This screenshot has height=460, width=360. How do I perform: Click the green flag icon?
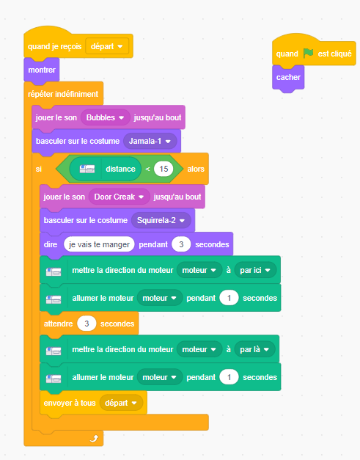pyautogui.click(x=308, y=54)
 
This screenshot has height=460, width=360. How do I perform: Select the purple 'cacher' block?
pyautogui.click(x=288, y=78)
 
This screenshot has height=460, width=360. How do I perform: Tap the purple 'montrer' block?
pyautogui.click(x=42, y=70)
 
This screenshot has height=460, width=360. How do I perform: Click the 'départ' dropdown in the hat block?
pyautogui.click(x=107, y=46)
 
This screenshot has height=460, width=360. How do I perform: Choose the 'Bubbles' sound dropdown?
pyautogui.click(x=106, y=117)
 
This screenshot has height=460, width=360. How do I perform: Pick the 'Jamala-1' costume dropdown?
pyautogui.click(x=150, y=141)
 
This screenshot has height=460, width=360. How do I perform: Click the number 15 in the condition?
pyautogui.click(x=164, y=169)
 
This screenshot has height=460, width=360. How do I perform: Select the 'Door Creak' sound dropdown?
pyautogui.click(x=119, y=197)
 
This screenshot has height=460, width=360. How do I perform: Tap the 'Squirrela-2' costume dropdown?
pyautogui.click(x=161, y=220)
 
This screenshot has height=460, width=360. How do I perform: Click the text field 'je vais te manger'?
pyautogui.click(x=99, y=244)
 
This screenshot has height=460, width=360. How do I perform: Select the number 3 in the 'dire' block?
pyautogui.click(x=181, y=244)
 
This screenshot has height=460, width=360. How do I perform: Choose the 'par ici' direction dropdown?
pyautogui.click(x=255, y=270)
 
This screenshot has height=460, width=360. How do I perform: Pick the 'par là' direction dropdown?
pyautogui.click(x=254, y=349)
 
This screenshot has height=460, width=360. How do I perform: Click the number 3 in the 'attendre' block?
pyautogui.click(x=87, y=324)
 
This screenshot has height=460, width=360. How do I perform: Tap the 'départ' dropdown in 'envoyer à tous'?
pyautogui.click(x=121, y=403)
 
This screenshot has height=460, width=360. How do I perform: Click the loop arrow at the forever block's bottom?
pyautogui.click(x=94, y=438)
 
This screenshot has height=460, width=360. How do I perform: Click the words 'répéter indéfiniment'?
pyautogui.click(x=63, y=94)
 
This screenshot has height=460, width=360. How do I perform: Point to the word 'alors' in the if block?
pyautogui.click(x=196, y=169)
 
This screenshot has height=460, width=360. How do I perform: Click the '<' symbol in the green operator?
pyautogui.click(x=147, y=169)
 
